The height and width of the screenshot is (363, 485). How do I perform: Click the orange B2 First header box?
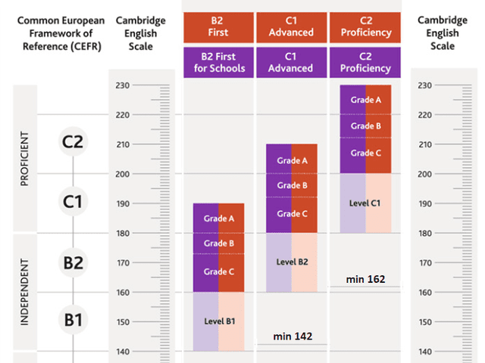tap(218, 27)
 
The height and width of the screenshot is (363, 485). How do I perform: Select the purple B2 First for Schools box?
tap(218, 63)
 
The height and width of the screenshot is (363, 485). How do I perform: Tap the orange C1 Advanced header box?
tap(292, 27)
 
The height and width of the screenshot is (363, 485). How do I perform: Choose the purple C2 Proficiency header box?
tap(365, 63)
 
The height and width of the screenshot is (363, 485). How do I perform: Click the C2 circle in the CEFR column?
tap(73, 141)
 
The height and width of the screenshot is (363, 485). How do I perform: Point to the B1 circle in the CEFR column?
tap(73, 321)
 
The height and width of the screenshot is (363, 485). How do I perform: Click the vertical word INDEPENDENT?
tap(24, 293)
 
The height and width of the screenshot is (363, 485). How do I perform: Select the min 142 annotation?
tap(292, 336)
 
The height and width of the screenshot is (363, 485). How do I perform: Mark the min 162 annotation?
tap(365, 279)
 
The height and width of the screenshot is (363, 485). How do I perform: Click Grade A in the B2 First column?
tap(218, 219)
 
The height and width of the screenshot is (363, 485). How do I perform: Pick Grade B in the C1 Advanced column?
tap(292, 186)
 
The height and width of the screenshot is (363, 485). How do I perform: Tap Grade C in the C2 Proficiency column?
tap(365, 154)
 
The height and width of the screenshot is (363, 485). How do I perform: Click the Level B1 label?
tap(220, 321)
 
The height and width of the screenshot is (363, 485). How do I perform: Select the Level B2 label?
tap(292, 262)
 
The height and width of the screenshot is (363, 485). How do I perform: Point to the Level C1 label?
tap(365, 203)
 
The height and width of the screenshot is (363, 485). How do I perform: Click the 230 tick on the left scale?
tap(122, 85)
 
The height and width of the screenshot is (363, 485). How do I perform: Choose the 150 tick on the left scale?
tap(122, 322)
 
